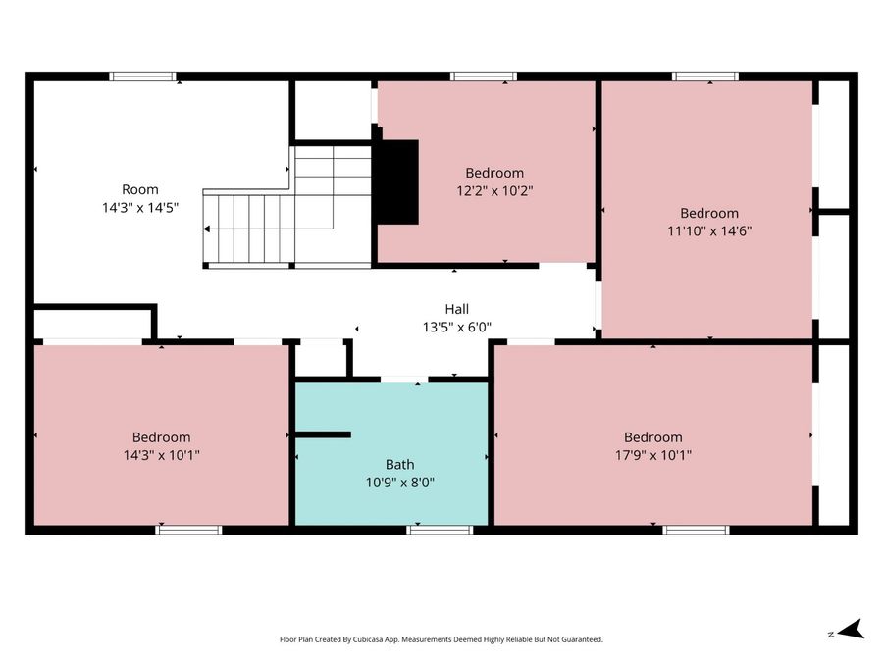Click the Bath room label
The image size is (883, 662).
(x=400, y=465)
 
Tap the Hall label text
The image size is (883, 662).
(x=456, y=309)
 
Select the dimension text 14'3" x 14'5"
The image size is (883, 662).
(x=140, y=208)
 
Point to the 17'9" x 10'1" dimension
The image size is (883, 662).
(x=653, y=455)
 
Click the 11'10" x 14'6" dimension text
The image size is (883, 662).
(x=709, y=230)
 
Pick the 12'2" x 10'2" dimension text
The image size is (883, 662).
(x=494, y=191)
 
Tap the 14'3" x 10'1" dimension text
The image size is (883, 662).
(x=162, y=455)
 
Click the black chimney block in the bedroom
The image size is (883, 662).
(x=397, y=181)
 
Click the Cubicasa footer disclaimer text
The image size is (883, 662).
(x=441, y=639)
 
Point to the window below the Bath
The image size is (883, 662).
(x=440, y=530)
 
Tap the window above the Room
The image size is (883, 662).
(x=142, y=76)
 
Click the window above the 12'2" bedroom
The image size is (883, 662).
(x=483, y=76)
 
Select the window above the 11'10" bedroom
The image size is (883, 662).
(x=705, y=76)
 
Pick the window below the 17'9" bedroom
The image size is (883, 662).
(x=696, y=530)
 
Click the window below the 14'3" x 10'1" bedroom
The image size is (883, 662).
(x=188, y=530)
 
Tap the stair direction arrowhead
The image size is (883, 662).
(x=207, y=229)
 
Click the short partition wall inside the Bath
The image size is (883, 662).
(x=323, y=434)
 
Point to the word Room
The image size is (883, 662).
(x=140, y=189)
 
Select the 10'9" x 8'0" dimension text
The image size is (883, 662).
(x=400, y=483)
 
